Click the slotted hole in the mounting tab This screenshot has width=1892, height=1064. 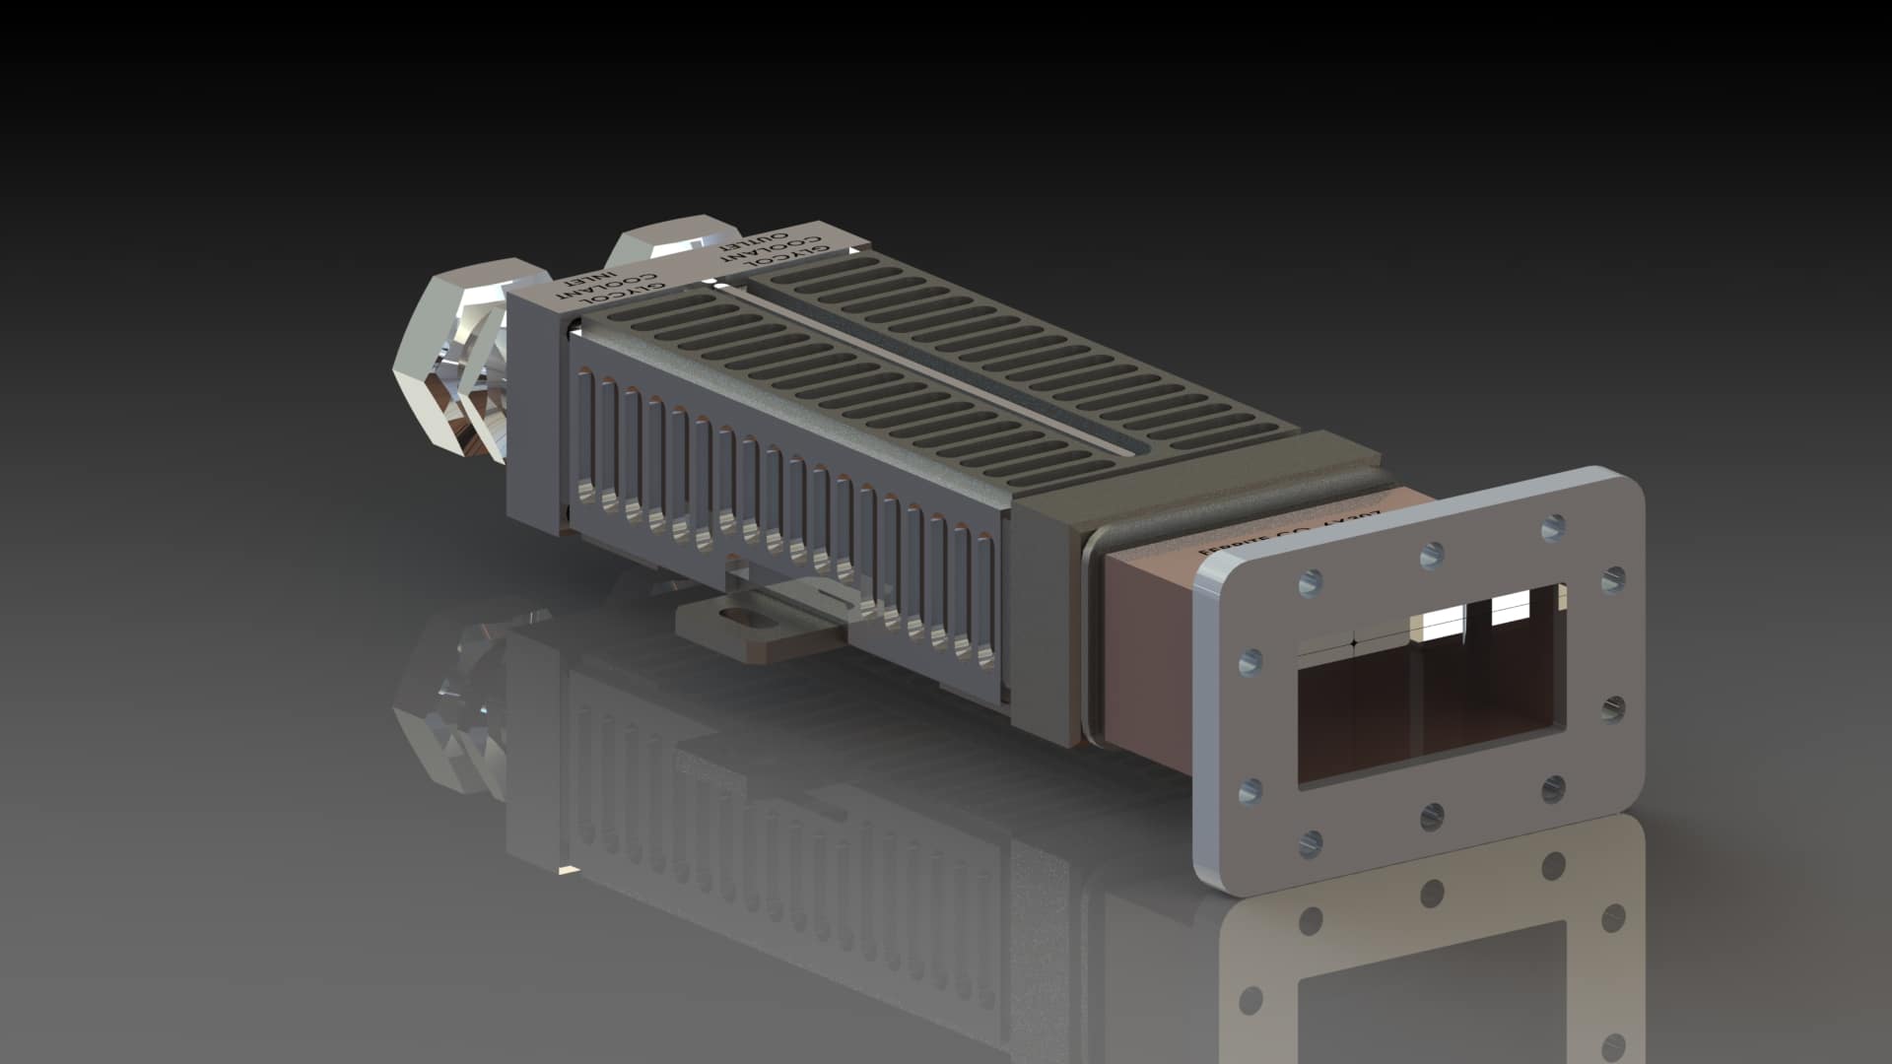click(x=741, y=619)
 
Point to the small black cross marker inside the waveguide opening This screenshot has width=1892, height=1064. click(x=1354, y=642)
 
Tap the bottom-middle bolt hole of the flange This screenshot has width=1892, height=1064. click(x=1432, y=816)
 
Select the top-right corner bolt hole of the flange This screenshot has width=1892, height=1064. click(x=1554, y=527)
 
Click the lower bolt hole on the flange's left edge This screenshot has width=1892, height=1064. click(x=1250, y=789)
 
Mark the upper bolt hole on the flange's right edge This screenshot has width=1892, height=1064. click(x=1613, y=580)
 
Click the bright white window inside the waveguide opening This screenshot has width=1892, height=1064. click(x=1514, y=605)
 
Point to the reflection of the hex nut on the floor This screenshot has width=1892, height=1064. click(x=448, y=709)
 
